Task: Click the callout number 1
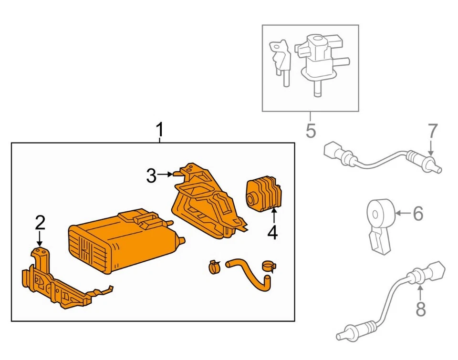click(160, 129)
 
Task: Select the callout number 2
click(40, 222)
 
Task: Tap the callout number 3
click(151, 176)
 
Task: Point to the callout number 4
click(272, 233)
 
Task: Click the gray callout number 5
click(311, 130)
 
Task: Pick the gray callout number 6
click(417, 214)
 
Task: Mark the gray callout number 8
click(420, 309)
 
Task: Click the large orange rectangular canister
click(119, 241)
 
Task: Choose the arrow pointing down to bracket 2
click(40, 238)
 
